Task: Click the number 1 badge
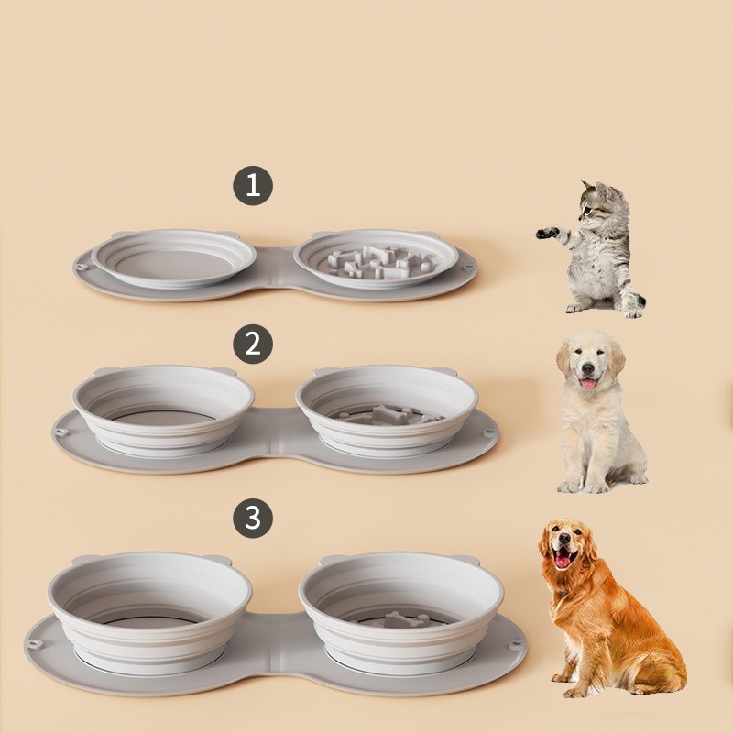253,185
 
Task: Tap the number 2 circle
253,345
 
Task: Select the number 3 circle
253,518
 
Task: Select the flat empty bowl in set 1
174,258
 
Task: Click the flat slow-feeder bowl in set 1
376,258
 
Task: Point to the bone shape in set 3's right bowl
399,618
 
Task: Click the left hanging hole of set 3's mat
35,643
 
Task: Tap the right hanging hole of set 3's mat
516,644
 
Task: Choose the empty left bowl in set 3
149,607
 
